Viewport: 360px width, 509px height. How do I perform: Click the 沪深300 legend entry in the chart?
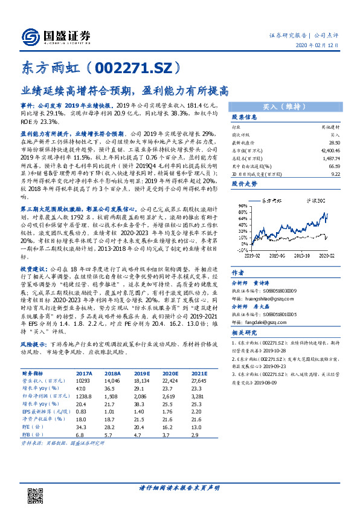(x=312, y=199)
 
